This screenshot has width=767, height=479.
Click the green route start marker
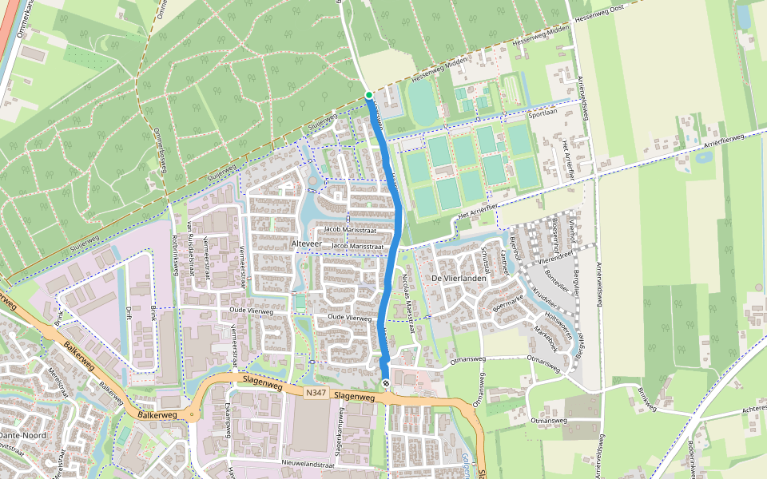[368, 95]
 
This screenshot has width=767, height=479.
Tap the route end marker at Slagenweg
[385, 384]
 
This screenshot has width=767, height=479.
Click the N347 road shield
[315, 393]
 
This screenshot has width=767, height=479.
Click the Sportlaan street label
[542, 113]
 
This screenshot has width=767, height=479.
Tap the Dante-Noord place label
[22, 435]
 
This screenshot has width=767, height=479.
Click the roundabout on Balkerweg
[191, 414]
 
